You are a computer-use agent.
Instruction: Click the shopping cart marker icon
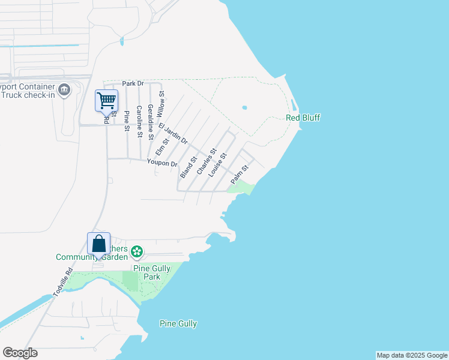[x=106, y=100]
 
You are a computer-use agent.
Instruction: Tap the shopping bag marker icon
[x=98, y=244]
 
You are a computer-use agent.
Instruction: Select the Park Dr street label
[x=133, y=83]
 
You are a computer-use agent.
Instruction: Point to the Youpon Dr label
[x=163, y=163]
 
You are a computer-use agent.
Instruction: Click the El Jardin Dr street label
[x=173, y=133]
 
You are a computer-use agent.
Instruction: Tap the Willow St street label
[x=160, y=104]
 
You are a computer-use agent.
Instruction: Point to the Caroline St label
[x=139, y=122]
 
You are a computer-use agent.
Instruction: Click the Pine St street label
[x=126, y=121]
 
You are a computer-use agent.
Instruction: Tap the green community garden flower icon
[x=137, y=250]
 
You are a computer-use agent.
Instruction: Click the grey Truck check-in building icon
[x=65, y=91]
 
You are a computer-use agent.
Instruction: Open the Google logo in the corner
[x=20, y=353]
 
